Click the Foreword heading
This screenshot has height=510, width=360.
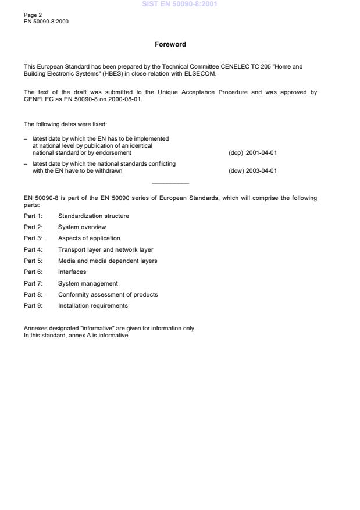170,44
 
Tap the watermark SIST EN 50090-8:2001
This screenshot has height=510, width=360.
180,4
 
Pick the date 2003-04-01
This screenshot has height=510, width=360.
262,171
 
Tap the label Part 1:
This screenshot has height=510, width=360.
33,216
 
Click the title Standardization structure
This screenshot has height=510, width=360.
94,216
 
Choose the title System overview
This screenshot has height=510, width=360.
82,227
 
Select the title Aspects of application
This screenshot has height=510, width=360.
89,238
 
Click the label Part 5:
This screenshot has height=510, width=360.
33,261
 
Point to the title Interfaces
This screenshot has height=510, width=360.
72,272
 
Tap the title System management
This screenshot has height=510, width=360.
88,283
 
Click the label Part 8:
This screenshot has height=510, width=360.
33,294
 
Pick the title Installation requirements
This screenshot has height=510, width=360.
93,305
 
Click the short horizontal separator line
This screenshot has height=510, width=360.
170,183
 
